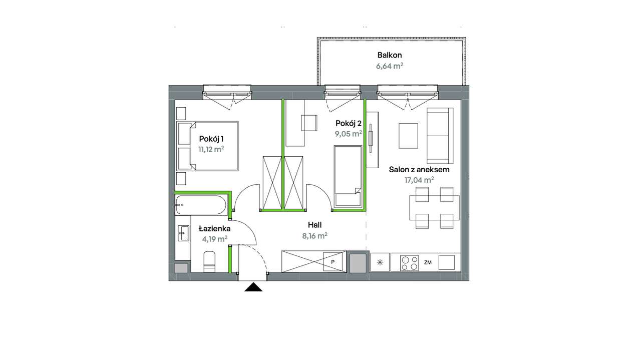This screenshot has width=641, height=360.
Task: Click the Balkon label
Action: click(x=390, y=55)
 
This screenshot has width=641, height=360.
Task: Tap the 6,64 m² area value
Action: click(x=390, y=66)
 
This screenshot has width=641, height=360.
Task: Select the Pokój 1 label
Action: click(x=211, y=139)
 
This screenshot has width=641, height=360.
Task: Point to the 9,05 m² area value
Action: click(x=348, y=134)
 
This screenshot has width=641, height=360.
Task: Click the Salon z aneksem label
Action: click(x=419, y=169)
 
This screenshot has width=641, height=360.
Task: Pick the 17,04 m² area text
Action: click(x=419, y=180)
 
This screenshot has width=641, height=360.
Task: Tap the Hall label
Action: click(x=315, y=225)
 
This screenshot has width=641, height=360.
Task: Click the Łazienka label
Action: click(x=215, y=228)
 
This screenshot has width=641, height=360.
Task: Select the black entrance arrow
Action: click(x=253, y=287)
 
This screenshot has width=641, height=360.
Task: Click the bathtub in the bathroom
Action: click(x=201, y=205)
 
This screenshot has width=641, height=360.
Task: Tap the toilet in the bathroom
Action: click(x=209, y=262)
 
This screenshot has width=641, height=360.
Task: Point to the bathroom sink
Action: click(x=183, y=233)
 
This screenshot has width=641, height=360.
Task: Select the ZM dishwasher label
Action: click(x=428, y=262)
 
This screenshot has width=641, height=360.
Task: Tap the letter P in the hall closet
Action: click(x=333, y=262)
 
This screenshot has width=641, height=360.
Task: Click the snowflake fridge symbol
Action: click(x=380, y=262)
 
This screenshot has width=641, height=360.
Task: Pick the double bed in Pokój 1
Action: click(x=207, y=146)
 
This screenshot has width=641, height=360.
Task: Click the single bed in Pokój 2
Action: click(x=348, y=176)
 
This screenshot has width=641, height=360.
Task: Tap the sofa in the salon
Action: click(x=440, y=136)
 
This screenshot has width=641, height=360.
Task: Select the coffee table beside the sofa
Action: click(x=408, y=136)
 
